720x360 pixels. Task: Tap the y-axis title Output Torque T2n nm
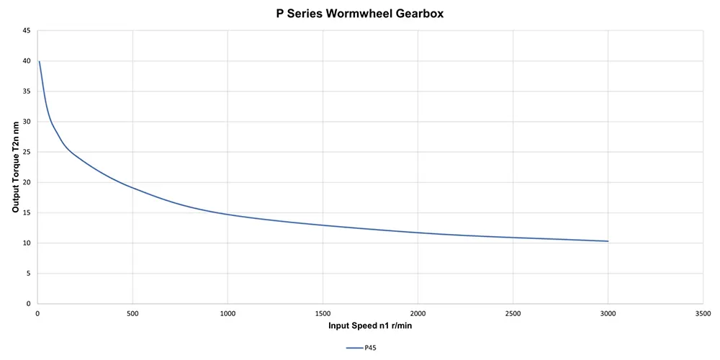[x=15, y=167]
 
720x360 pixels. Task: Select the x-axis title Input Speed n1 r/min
[x=370, y=325]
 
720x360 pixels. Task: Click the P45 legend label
[x=370, y=347]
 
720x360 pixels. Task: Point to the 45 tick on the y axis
[x=26, y=31]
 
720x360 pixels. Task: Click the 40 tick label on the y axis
[x=26, y=61]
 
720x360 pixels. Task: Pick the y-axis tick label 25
[x=26, y=152]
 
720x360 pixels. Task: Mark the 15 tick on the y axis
[x=26, y=212]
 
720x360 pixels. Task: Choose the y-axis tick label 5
[x=28, y=273]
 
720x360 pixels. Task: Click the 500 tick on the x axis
[x=132, y=313]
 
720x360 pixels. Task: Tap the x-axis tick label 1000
[x=228, y=313]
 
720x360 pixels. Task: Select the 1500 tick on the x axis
[x=323, y=313]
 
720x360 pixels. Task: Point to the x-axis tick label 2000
[x=418, y=313]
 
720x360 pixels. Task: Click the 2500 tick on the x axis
[x=513, y=313]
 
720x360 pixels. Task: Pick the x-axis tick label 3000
[x=608, y=313]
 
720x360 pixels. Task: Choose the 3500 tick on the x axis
[x=703, y=313]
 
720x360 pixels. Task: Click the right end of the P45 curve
[x=608, y=241]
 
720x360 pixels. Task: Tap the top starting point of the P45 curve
[x=39, y=62]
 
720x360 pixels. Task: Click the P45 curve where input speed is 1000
[x=228, y=215]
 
